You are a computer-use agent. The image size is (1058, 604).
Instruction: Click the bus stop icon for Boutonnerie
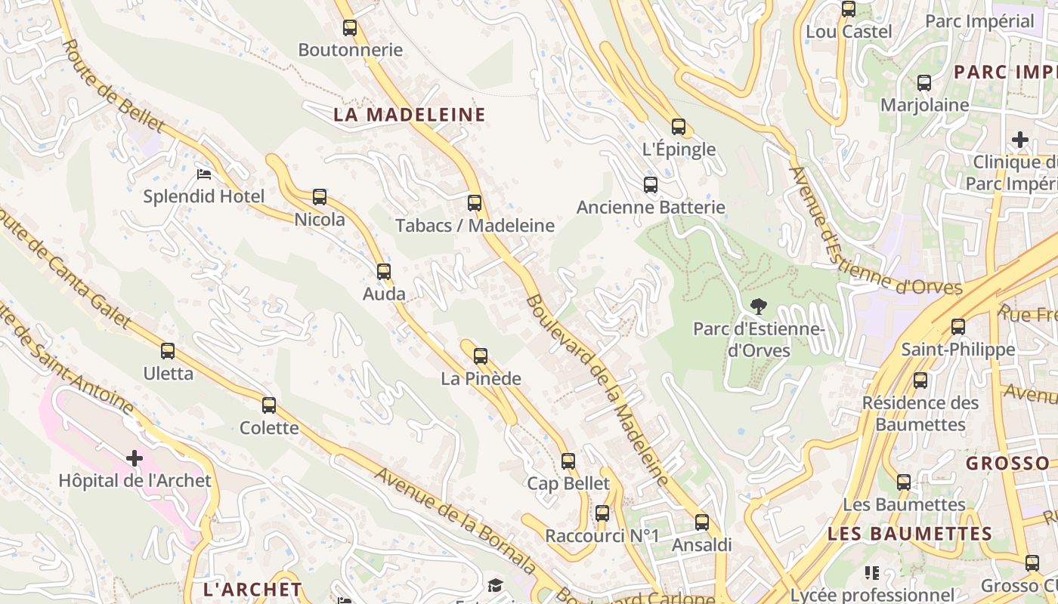(x=349, y=28)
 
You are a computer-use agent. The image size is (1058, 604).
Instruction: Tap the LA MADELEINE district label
(x=410, y=115)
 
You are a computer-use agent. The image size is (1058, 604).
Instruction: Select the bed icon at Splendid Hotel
(x=204, y=174)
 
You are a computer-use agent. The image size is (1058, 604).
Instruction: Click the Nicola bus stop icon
(x=320, y=197)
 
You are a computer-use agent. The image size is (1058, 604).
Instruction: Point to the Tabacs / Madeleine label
(x=475, y=226)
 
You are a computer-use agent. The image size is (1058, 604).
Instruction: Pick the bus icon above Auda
(x=384, y=272)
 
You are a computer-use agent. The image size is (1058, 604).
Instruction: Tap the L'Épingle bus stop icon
(x=679, y=127)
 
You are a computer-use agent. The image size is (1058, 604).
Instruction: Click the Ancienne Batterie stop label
(x=651, y=207)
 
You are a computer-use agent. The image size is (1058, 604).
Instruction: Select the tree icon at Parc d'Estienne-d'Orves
(x=759, y=306)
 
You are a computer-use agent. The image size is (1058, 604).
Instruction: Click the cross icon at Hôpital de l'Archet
(x=135, y=458)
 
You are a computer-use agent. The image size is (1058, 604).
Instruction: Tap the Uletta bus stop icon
(x=168, y=351)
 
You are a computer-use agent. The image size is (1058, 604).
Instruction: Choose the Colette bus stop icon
(x=269, y=405)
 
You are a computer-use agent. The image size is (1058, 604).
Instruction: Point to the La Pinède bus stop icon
(x=481, y=356)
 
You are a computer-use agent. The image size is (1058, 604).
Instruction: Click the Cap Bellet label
(x=568, y=483)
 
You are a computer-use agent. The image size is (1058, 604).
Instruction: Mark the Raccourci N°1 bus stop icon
(x=602, y=513)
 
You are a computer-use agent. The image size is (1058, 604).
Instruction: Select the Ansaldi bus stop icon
(x=702, y=522)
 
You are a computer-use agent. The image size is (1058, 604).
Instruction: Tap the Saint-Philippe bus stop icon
(x=958, y=327)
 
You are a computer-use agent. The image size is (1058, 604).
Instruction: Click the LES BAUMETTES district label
(x=910, y=534)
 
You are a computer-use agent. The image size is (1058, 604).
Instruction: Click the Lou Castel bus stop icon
(x=849, y=9)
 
